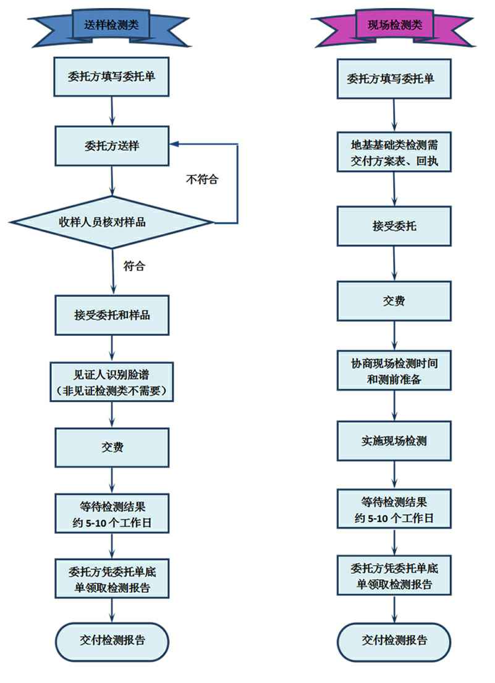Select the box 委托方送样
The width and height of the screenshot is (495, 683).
(112, 146)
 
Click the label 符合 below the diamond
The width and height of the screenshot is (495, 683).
(134, 267)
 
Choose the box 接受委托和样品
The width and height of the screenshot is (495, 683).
(112, 315)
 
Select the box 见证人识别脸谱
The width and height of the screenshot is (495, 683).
(112, 382)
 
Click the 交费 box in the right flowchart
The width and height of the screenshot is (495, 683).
(394, 301)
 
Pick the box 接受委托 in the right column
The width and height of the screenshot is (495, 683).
(394, 226)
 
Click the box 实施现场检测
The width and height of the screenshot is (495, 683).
(394, 441)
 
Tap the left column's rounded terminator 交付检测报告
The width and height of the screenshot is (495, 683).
(112, 640)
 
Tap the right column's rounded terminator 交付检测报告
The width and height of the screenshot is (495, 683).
(394, 640)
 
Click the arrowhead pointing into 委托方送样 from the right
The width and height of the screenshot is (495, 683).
(175, 145)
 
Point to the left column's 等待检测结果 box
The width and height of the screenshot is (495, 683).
(112, 513)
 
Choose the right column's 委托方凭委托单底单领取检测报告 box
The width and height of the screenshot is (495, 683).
(394, 575)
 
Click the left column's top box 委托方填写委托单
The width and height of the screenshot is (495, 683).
(112, 78)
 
